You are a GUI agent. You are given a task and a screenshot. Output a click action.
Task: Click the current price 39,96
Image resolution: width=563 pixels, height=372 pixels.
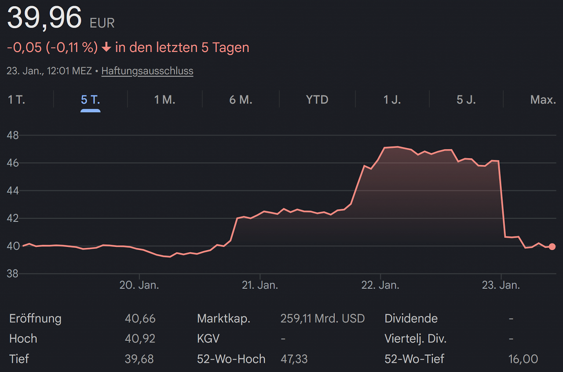[44, 18]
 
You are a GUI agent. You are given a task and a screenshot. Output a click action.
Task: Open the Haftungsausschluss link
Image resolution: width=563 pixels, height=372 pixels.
[147, 71]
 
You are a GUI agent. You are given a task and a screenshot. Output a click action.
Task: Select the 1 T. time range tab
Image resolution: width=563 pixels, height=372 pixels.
[16, 99]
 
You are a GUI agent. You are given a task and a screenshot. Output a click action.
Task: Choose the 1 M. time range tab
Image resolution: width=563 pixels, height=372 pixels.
[165, 99]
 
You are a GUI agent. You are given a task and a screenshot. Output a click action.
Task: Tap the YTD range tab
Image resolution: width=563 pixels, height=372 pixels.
[317, 99]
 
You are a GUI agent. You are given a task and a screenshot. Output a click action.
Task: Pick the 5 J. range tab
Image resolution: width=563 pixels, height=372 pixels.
[466, 99]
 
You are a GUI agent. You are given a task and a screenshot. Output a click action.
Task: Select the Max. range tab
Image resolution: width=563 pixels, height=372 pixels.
[543, 99]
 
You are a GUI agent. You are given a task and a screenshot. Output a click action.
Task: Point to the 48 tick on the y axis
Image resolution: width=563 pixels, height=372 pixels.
[13, 135]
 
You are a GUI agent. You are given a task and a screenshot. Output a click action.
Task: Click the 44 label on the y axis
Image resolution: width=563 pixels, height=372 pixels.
[13, 191]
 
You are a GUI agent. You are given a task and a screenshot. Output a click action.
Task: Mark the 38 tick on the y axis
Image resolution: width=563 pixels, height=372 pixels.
[13, 274]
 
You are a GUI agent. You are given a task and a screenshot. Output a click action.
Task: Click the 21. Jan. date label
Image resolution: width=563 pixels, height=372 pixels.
[260, 285]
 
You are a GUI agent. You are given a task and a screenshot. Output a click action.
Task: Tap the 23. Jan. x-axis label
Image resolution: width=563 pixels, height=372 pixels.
[501, 285]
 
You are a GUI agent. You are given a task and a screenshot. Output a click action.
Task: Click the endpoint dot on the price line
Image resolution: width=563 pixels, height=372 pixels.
[552, 247]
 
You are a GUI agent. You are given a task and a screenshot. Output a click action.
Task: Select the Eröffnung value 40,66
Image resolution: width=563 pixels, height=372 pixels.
[140, 319]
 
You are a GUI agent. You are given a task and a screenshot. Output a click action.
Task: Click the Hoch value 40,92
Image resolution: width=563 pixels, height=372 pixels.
[140, 339]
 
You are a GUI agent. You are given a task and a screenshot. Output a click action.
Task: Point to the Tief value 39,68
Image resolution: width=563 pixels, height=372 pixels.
[139, 359]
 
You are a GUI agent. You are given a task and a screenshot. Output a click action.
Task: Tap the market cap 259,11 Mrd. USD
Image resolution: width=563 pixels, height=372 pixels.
[322, 319]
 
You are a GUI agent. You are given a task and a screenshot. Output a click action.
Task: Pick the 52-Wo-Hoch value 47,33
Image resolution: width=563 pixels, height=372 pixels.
[294, 359]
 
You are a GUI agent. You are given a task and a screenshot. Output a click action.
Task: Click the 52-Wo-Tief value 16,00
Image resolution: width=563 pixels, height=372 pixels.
[523, 359]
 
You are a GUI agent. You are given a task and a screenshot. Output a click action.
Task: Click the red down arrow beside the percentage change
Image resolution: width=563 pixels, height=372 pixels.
[106, 47]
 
